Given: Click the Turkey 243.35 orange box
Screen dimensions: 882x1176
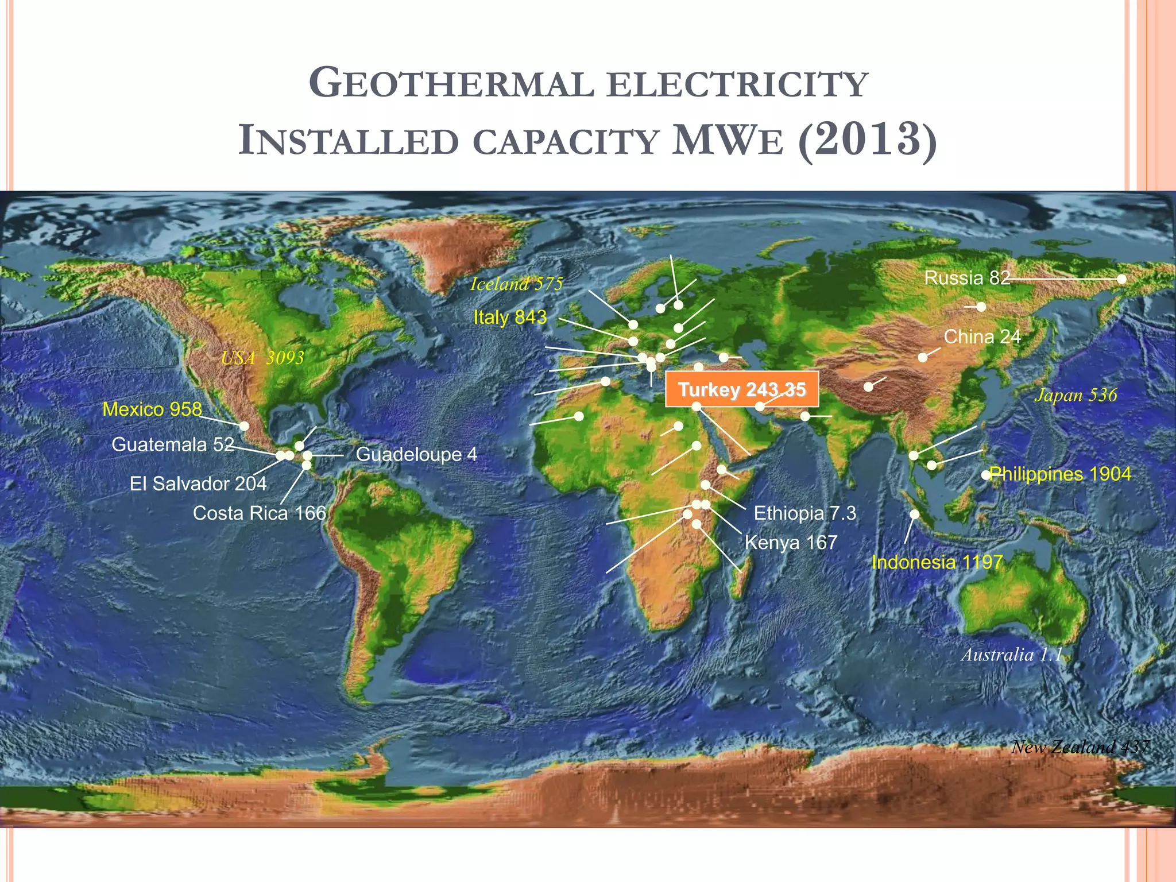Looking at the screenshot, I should point(741,390).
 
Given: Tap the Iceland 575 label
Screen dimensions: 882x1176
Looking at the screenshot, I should point(516,284).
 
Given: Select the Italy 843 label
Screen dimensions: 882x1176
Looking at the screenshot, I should point(510,317).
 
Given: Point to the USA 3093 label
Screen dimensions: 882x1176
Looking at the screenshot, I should point(262,358).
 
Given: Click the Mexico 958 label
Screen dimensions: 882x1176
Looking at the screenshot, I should point(152,409).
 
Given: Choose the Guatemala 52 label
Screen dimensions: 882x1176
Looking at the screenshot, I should point(173,444).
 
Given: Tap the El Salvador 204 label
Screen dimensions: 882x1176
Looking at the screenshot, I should point(198,483).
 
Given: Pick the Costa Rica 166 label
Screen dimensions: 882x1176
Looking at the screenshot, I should point(260,513).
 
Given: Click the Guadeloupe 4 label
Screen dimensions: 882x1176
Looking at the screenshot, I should point(416,454).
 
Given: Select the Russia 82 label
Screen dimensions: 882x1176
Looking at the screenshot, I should point(967,278).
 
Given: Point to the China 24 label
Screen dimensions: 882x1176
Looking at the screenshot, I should point(982,336).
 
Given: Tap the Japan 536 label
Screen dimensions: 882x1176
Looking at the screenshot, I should point(1076,395).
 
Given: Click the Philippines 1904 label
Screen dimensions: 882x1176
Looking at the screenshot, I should point(1060,474).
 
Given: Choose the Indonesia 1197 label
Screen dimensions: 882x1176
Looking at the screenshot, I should point(937,562).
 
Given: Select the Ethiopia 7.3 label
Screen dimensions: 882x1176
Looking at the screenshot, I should point(804,513).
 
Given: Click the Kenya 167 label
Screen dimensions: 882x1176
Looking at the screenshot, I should point(791,542).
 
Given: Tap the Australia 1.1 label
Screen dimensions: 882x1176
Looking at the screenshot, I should point(1012,655).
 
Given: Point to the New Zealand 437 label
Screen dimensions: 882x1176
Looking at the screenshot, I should point(1080,746).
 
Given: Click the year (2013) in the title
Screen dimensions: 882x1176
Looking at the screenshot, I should point(867,140).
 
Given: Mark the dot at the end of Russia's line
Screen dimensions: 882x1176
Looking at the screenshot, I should point(1121,279).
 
